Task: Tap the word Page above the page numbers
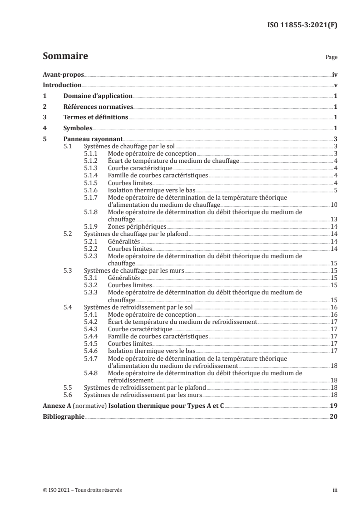331,58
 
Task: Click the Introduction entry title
62,85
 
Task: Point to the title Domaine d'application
98,96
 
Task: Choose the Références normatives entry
98,107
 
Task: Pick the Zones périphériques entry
137,226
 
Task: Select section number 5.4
68,307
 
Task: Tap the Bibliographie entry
63,416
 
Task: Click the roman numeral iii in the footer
335,490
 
